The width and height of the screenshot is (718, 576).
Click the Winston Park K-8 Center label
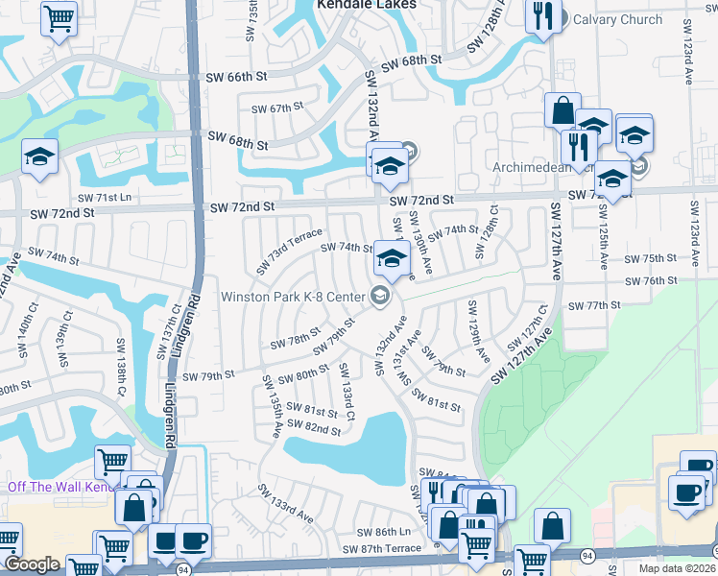point(294,296)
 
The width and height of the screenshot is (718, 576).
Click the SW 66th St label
point(240,76)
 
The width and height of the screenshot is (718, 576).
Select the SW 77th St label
point(595,305)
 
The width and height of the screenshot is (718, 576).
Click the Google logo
point(32,564)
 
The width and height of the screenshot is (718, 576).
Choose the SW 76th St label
point(652,280)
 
